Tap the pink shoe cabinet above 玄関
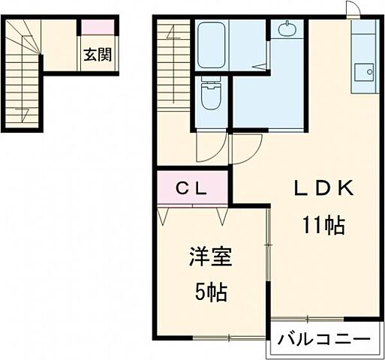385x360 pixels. (98, 28)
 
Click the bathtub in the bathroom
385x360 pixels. (213, 44)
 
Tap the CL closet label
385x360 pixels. (192, 189)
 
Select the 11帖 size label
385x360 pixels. (324, 223)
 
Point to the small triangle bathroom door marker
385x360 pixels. (260, 67)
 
